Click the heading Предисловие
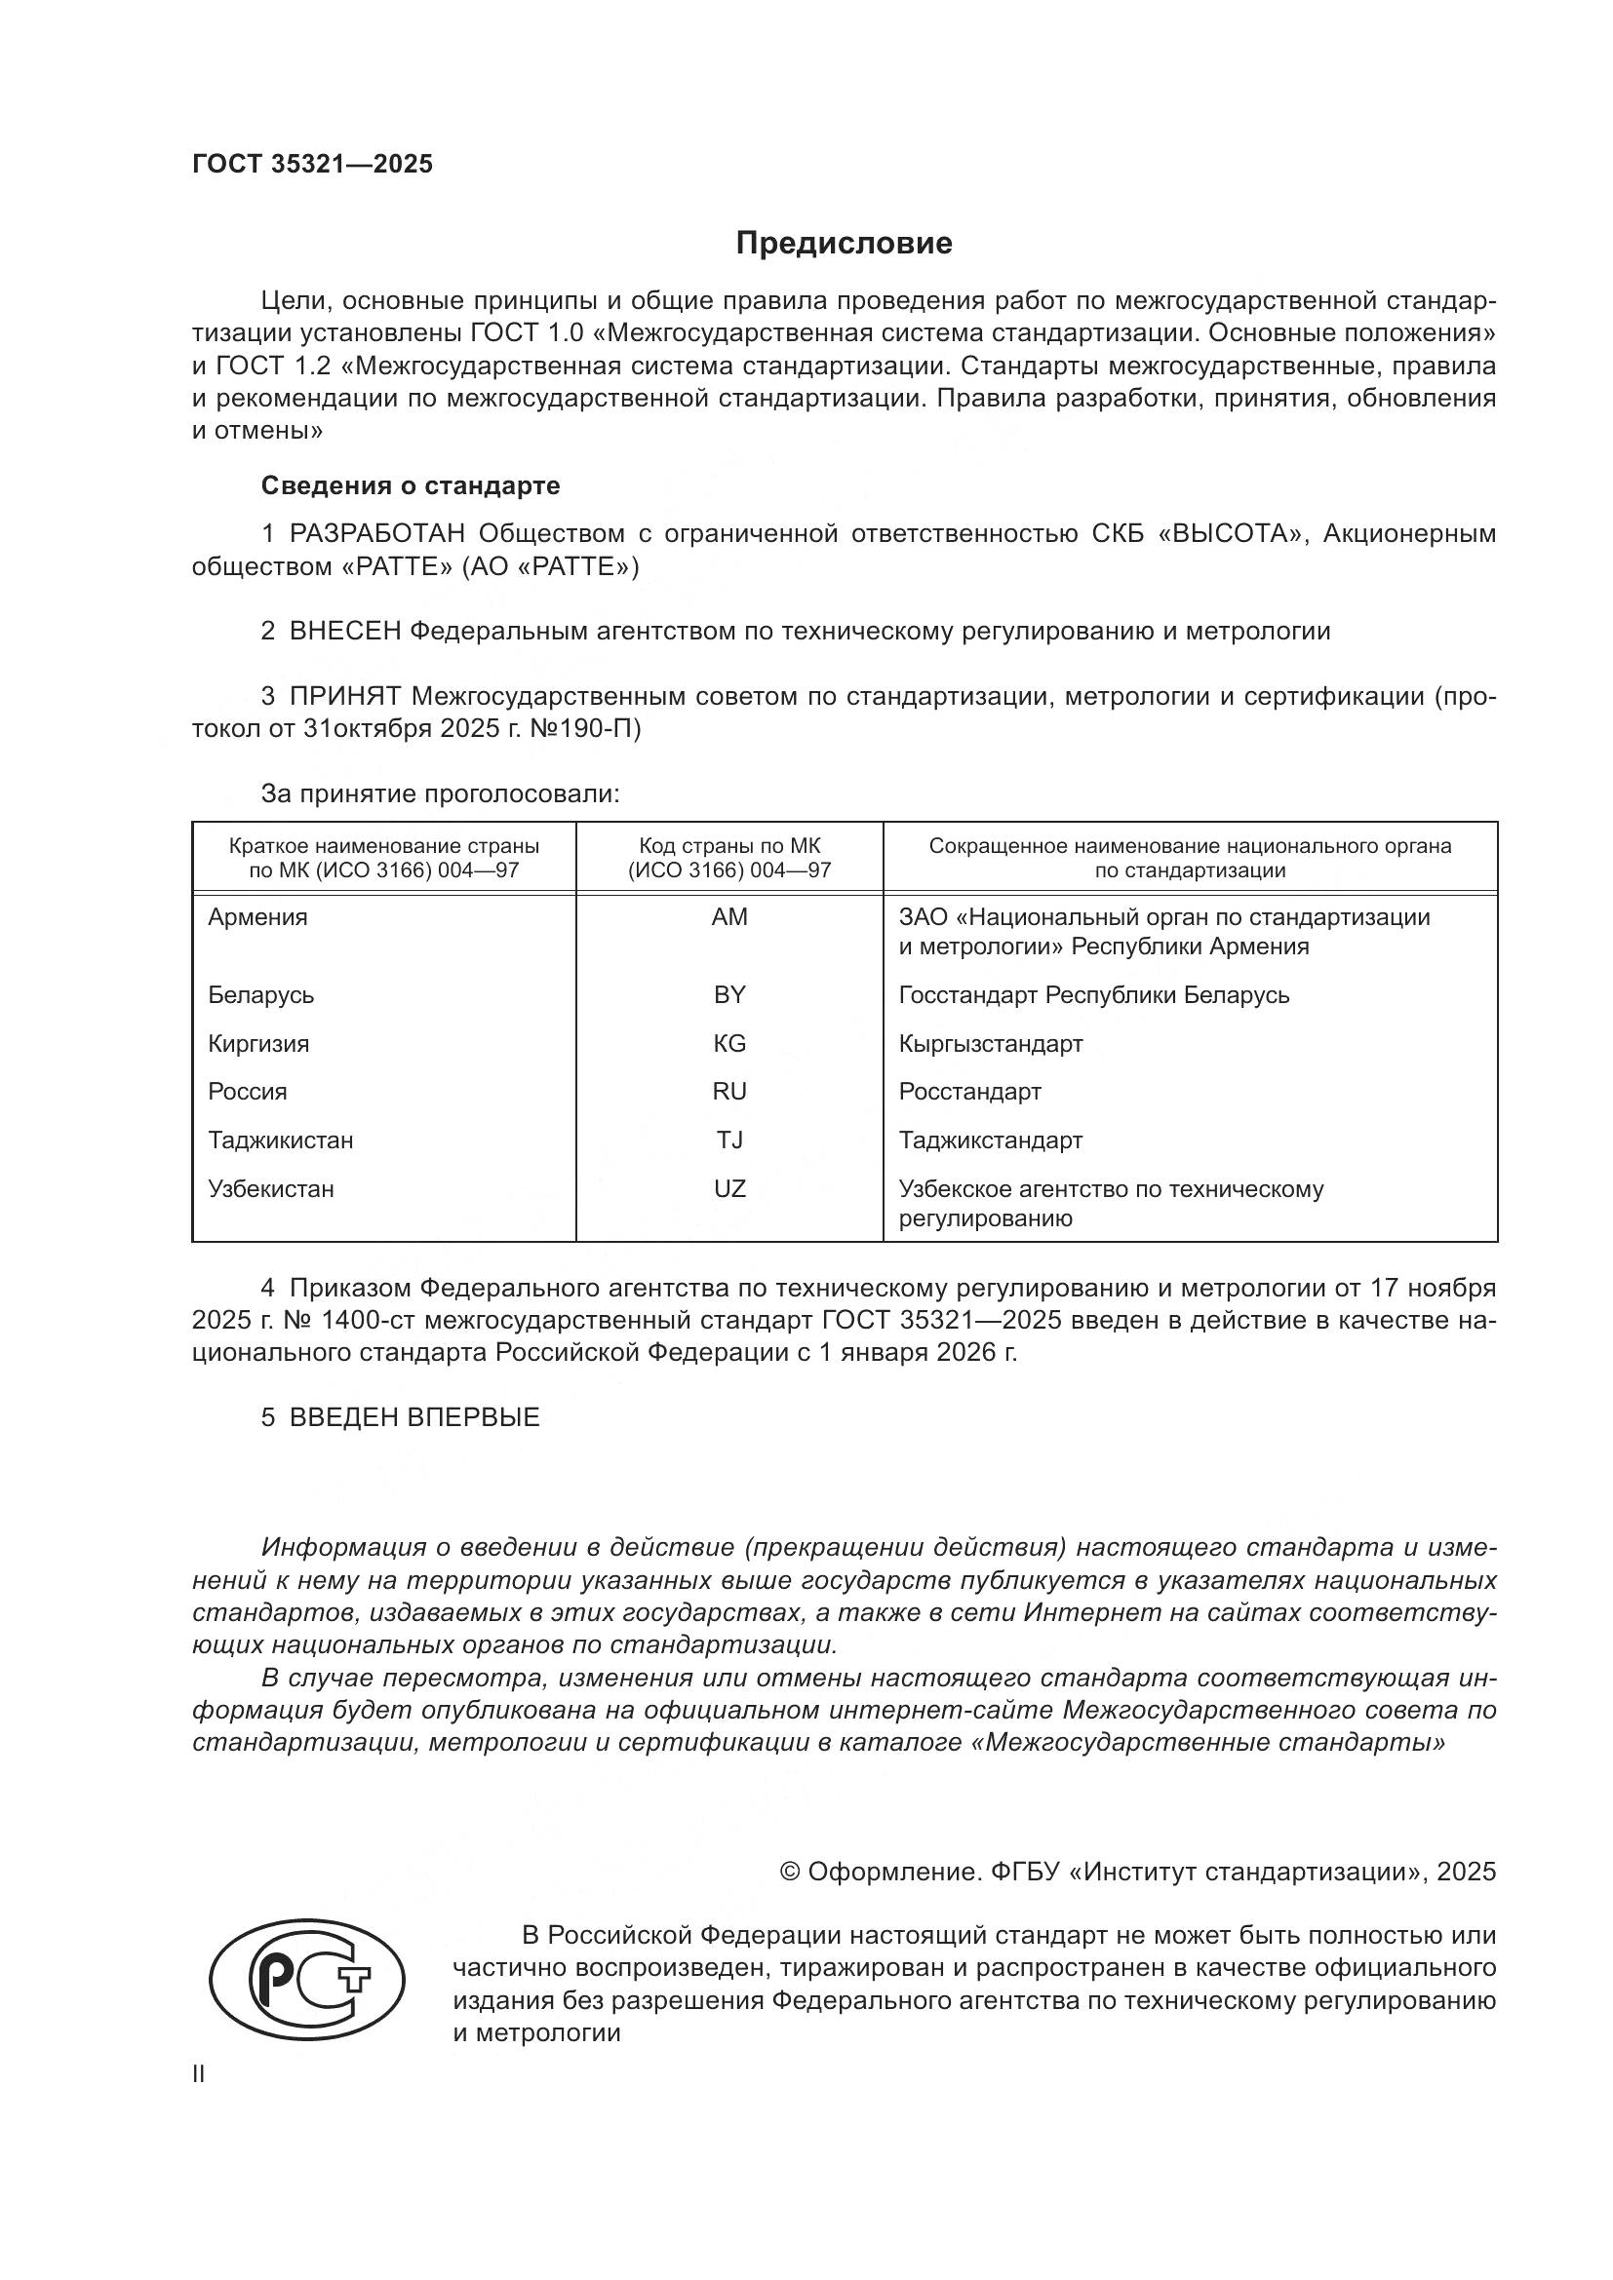(844, 244)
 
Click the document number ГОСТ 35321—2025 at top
(313, 165)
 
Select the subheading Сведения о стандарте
(411, 485)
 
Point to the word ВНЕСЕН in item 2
(344, 631)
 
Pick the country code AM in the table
(729, 917)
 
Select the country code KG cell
(729, 1044)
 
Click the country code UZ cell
(729, 1188)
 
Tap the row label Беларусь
(261, 995)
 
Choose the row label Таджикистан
(280, 1140)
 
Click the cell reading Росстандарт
(969, 1093)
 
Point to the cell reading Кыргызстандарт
(990, 1044)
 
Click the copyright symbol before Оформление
(791, 1872)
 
